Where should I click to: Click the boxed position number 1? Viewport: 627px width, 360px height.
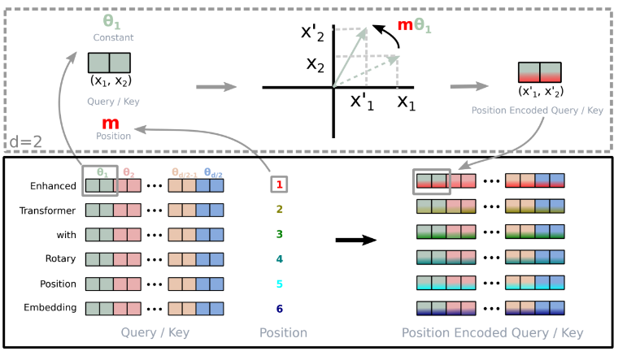(x=279, y=184)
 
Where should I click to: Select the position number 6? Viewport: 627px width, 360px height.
(x=279, y=309)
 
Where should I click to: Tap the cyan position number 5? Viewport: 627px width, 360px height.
(x=279, y=284)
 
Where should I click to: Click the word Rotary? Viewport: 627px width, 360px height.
(x=60, y=259)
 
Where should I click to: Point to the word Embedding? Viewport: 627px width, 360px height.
(x=50, y=308)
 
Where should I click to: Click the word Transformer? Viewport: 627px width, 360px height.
(x=47, y=210)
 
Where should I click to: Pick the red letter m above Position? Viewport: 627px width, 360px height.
(x=111, y=123)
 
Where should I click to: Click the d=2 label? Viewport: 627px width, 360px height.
(x=25, y=141)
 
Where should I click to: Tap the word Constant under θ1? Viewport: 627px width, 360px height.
(x=113, y=37)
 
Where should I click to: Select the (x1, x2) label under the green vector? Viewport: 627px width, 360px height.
(x=111, y=80)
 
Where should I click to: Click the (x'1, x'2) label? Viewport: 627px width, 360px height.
(x=541, y=92)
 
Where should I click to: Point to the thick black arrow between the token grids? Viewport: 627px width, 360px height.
(x=356, y=240)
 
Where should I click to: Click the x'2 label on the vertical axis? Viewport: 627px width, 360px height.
(x=312, y=33)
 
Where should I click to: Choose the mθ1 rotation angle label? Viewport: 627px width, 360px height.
(x=414, y=25)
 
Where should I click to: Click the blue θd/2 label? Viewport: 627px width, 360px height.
(x=213, y=172)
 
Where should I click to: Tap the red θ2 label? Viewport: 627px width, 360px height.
(x=128, y=172)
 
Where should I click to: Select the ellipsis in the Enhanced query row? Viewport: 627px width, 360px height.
(x=155, y=186)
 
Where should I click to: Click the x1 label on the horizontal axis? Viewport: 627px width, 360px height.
(x=407, y=102)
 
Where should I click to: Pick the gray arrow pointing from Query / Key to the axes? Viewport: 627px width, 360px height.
(x=216, y=87)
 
